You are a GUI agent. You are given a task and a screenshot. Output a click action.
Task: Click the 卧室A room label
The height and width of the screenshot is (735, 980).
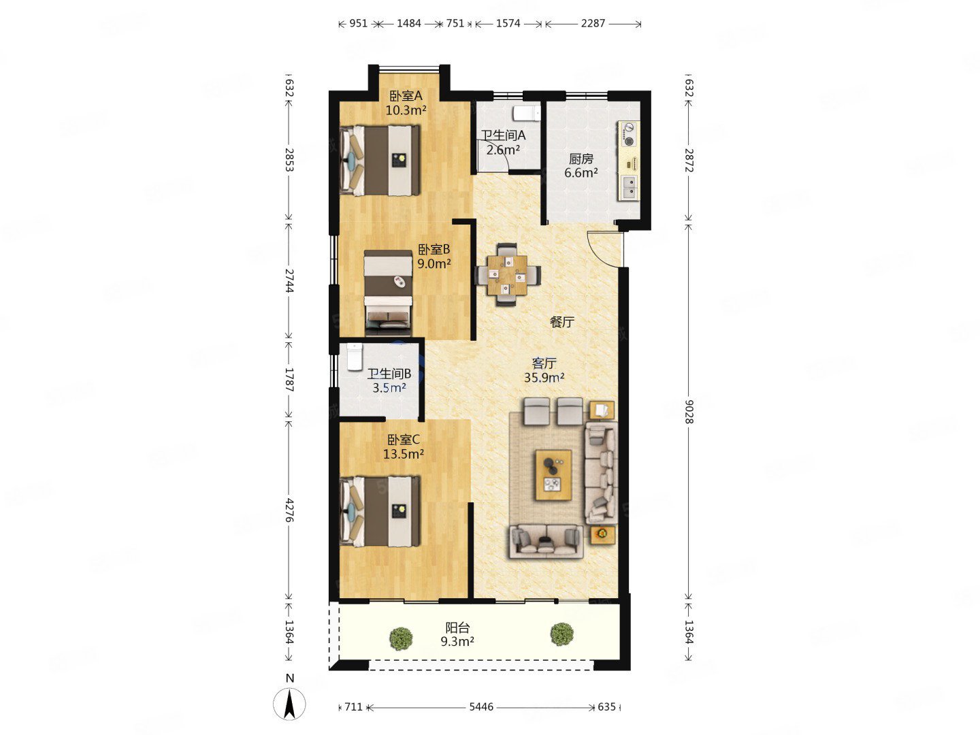point(406,95)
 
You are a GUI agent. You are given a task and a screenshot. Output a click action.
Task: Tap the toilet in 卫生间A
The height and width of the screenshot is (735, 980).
point(526,114)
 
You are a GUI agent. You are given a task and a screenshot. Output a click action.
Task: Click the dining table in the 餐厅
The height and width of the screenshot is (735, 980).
point(507,274)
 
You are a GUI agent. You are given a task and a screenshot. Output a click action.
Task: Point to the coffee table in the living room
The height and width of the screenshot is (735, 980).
point(553,475)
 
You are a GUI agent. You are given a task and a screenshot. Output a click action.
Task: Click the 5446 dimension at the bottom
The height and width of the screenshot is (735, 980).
point(481,707)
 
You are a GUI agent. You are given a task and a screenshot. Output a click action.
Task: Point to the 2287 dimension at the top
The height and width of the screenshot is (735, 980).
point(593,23)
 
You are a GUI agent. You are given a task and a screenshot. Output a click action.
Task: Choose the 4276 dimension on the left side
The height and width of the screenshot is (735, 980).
point(289,510)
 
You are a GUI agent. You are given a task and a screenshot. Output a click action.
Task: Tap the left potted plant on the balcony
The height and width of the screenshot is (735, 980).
point(401,638)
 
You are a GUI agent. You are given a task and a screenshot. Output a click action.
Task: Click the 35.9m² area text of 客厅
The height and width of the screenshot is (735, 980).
point(544,378)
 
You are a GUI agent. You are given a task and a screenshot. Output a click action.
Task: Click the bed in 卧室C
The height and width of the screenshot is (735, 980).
point(380,511)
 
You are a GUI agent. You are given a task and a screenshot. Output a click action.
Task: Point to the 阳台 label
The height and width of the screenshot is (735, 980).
point(457,627)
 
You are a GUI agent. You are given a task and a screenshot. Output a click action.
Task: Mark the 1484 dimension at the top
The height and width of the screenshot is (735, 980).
point(408,23)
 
